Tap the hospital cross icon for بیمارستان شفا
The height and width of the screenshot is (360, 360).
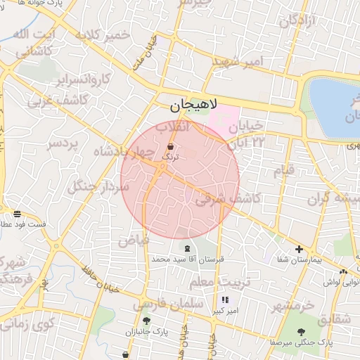coord(300,250)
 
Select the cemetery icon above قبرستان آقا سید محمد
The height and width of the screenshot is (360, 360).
coord(187,249)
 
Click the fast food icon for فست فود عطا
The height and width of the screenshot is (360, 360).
coord(17,214)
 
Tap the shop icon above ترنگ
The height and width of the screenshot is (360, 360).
coord(171,147)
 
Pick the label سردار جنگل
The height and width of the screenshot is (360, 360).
coord(98,186)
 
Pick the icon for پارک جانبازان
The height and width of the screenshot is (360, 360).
coord(146,321)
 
